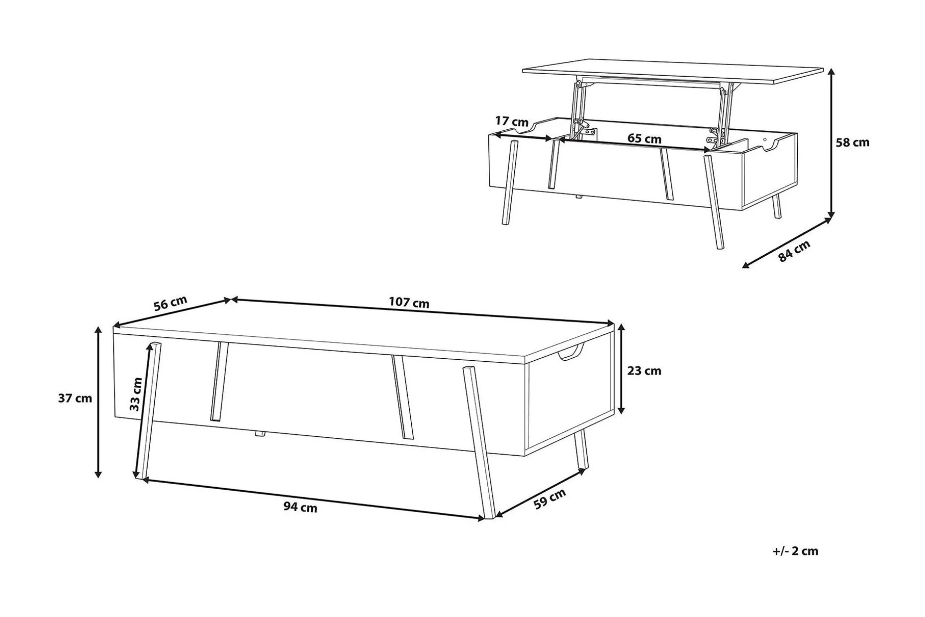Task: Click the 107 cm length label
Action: pyautogui.click(x=409, y=303)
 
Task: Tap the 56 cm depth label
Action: pyautogui.click(x=170, y=303)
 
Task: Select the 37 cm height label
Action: pyautogui.click(x=75, y=398)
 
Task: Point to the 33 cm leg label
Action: pyautogui.click(x=136, y=394)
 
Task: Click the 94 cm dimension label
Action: pyautogui.click(x=300, y=507)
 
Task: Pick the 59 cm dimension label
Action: pyautogui.click(x=550, y=499)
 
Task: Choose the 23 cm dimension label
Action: pyautogui.click(x=644, y=371)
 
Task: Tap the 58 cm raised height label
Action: pyautogui.click(x=852, y=142)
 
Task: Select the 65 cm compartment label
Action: pyautogui.click(x=644, y=138)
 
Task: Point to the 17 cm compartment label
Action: pyautogui.click(x=512, y=121)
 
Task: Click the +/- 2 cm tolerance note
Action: pyautogui.click(x=796, y=551)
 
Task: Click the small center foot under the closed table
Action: pyautogui.click(x=260, y=434)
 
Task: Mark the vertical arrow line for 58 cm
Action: pyautogui.click(x=830, y=143)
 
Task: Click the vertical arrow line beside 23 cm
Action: pyautogui.click(x=621, y=369)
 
